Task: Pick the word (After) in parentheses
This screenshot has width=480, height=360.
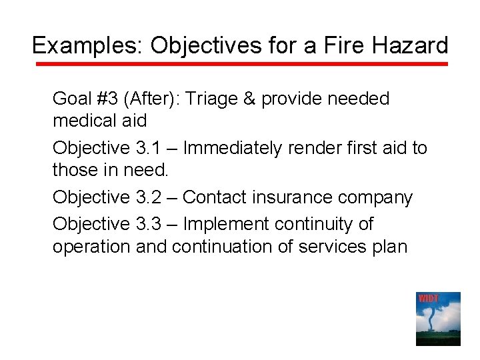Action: tap(157, 99)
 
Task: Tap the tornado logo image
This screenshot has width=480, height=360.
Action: tap(438, 319)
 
